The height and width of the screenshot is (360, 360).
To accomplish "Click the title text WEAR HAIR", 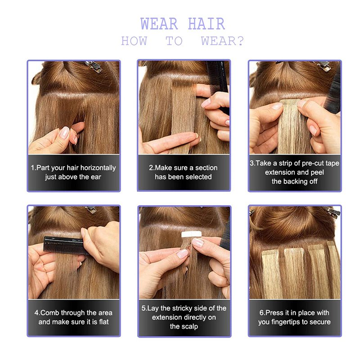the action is (183, 24).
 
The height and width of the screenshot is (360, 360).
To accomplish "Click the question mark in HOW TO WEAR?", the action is (240, 41).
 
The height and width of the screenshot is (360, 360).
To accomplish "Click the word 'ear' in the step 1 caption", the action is (96, 177).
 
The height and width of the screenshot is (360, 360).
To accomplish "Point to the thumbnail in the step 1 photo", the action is (64, 132).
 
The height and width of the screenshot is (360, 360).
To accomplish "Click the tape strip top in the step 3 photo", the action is (290, 102).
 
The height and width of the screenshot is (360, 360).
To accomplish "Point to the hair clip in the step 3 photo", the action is (323, 65).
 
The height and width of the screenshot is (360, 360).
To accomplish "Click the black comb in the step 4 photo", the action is (65, 246).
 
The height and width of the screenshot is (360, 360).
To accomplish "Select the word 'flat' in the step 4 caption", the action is (104, 322).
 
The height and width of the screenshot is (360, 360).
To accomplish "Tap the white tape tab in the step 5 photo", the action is (192, 234).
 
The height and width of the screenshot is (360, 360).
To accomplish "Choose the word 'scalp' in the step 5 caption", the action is (189, 327).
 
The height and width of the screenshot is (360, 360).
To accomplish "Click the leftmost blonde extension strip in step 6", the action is (272, 273).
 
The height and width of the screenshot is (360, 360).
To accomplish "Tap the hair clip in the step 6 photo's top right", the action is (333, 211).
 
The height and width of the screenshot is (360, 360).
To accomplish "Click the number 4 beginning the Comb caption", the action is (36, 313).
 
